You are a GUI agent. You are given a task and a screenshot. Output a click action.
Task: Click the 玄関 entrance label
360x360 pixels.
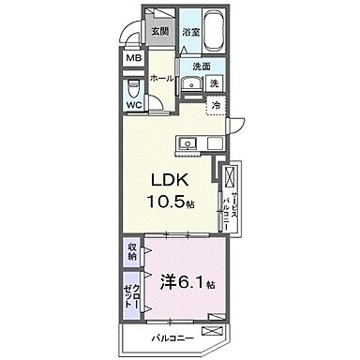coord(159,30)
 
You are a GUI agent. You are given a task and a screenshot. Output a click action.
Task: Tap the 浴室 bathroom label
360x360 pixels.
coord(191,31)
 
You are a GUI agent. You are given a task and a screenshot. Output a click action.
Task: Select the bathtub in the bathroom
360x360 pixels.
coord(212,31)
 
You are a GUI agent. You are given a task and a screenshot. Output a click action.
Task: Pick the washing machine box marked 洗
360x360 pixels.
coord(215,83)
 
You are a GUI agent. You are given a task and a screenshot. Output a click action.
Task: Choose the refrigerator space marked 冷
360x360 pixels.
coord(216,109)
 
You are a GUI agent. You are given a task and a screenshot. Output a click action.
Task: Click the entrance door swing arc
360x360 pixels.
coord(131,33)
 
